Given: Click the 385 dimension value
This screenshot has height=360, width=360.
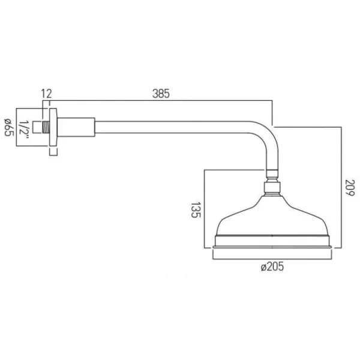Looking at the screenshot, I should tap(161, 94).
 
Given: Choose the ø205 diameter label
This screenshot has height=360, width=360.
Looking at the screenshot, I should tap(272, 266).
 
